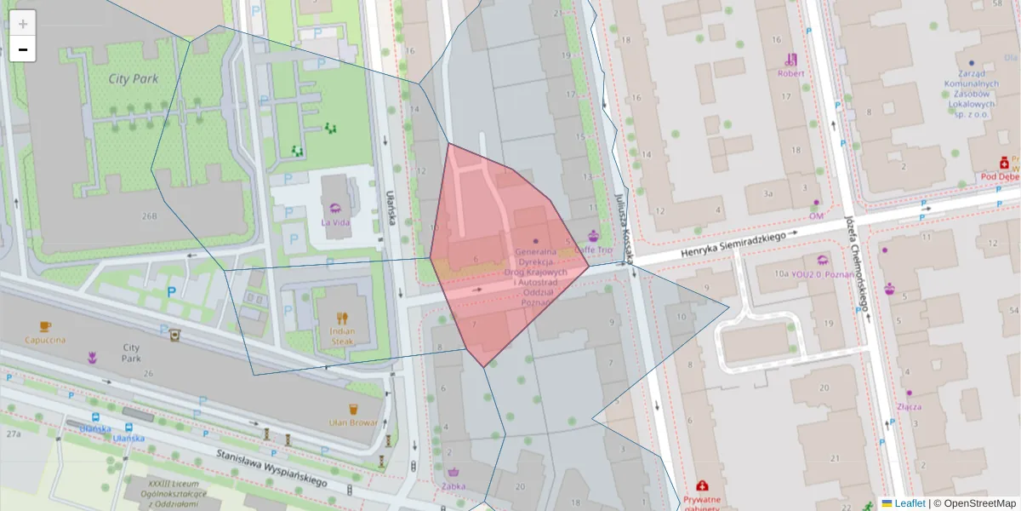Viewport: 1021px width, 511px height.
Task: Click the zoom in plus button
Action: [23, 24]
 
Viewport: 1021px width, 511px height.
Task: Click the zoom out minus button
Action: [23, 49]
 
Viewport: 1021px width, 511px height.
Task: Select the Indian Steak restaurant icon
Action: [342, 319]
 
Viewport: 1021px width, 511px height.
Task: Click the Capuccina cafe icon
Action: [45, 326]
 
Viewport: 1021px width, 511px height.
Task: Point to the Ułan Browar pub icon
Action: [353, 410]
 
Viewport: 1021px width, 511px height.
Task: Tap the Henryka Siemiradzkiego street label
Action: [732, 243]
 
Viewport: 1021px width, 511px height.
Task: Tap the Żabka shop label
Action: [453, 487]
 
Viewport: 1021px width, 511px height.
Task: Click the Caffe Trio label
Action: [593, 250]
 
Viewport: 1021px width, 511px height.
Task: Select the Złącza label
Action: [908, 406]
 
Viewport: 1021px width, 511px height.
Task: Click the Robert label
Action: [790, 73]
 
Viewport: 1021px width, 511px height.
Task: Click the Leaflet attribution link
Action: [909, 503]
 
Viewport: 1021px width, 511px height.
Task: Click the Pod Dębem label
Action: [1000, 177]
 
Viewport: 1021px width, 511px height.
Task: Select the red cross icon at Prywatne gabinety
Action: [702, 486]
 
